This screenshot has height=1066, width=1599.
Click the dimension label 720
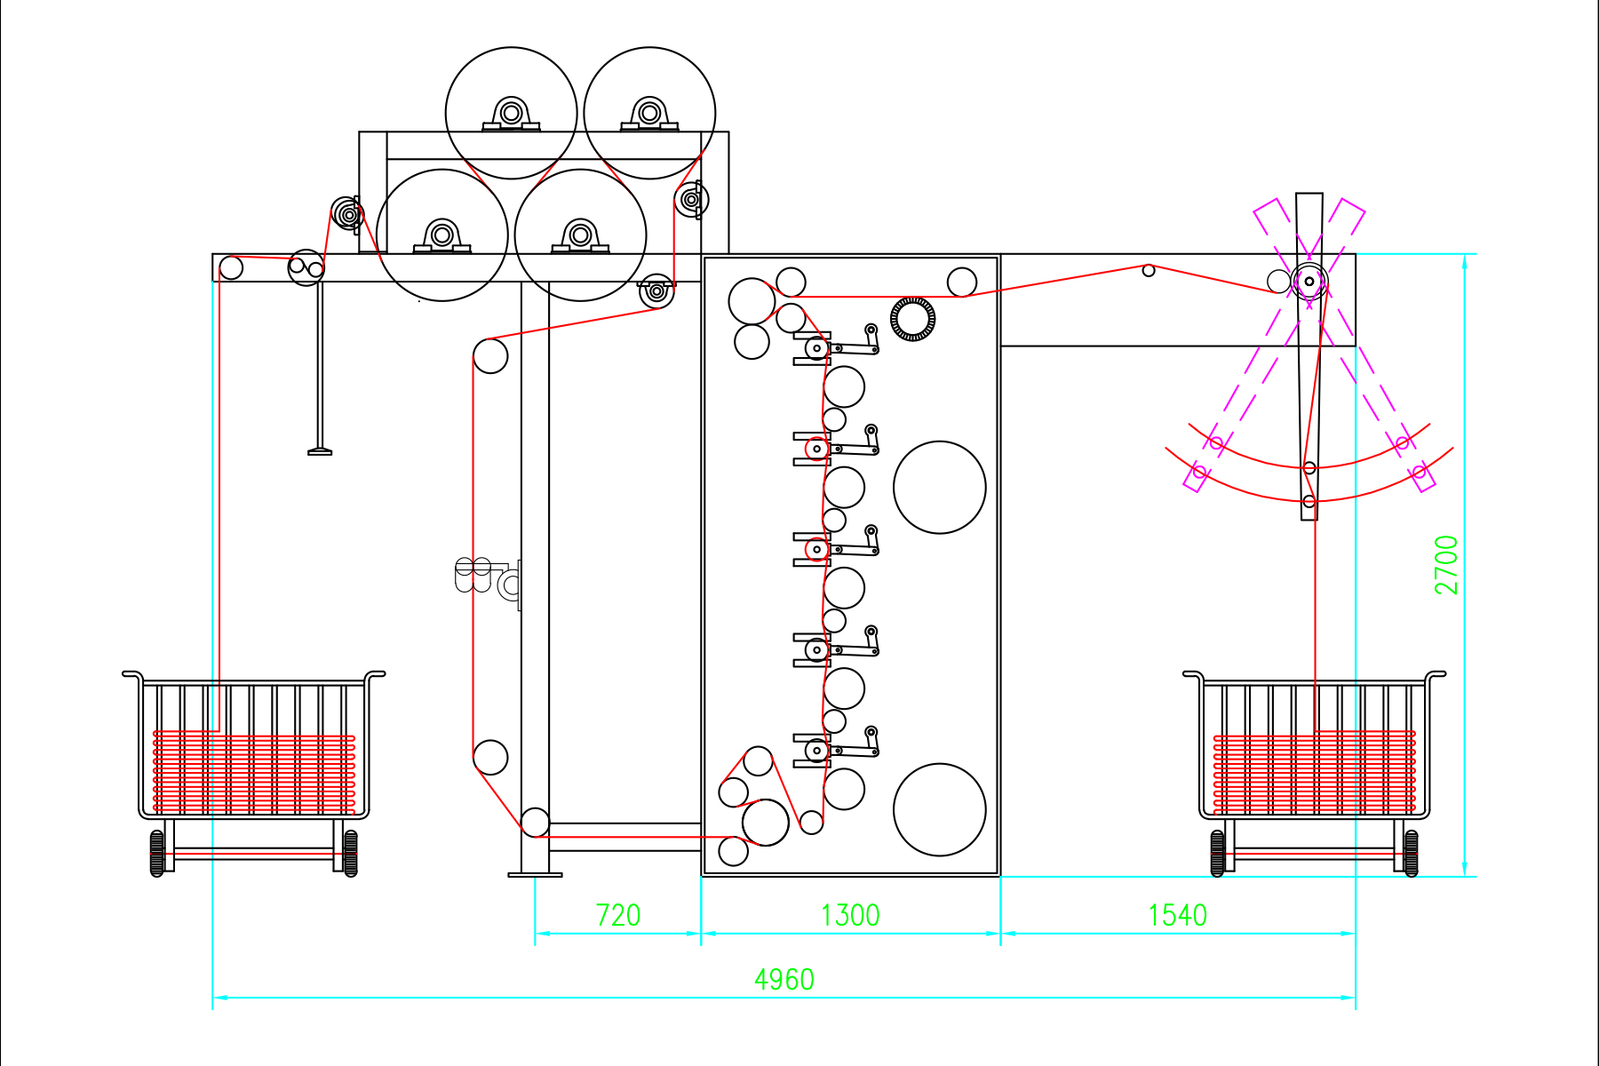[x=617, y=915]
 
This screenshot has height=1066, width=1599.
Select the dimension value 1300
[x=850, y=915]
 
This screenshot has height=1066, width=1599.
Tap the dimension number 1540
[x=1178, y=915]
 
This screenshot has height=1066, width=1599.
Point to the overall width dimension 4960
[x=784, y=979]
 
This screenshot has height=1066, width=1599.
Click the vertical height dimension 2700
[x=1447, y=565]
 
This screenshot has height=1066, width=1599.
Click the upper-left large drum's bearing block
[x=511, y=114]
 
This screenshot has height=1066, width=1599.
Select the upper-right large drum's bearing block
[x=649, y=114]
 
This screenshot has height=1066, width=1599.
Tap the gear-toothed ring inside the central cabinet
[x=913, y=319]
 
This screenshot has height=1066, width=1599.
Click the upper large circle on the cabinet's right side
[x=940, y=487]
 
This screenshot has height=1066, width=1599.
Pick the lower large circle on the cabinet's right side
[x=940, y=809]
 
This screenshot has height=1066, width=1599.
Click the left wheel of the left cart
[x=157, y=853]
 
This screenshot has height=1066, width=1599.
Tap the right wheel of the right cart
[x=1411, y=853]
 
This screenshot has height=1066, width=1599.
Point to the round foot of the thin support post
[x=320, y=452]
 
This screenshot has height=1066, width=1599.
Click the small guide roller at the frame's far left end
[x=231, y=267]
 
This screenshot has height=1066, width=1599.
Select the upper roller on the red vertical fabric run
[x=490, y=356]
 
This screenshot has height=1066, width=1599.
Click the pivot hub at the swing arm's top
[x=1309, y=282]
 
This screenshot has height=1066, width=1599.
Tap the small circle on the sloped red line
[x=1149, y=270]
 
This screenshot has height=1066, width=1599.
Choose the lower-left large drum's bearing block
[x=442, y=236]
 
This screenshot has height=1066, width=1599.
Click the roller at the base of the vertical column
[x=535, y=822]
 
